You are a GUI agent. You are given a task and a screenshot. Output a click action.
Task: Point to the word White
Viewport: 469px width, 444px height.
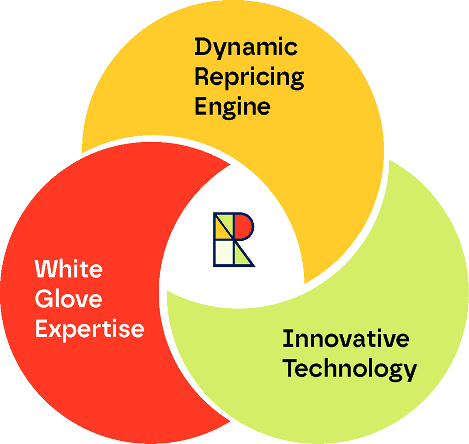tap(69, 269)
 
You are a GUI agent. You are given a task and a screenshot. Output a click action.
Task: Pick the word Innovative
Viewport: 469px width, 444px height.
tap(346, 340)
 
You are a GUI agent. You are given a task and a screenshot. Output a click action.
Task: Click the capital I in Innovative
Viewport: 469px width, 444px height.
tap(287, 340)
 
